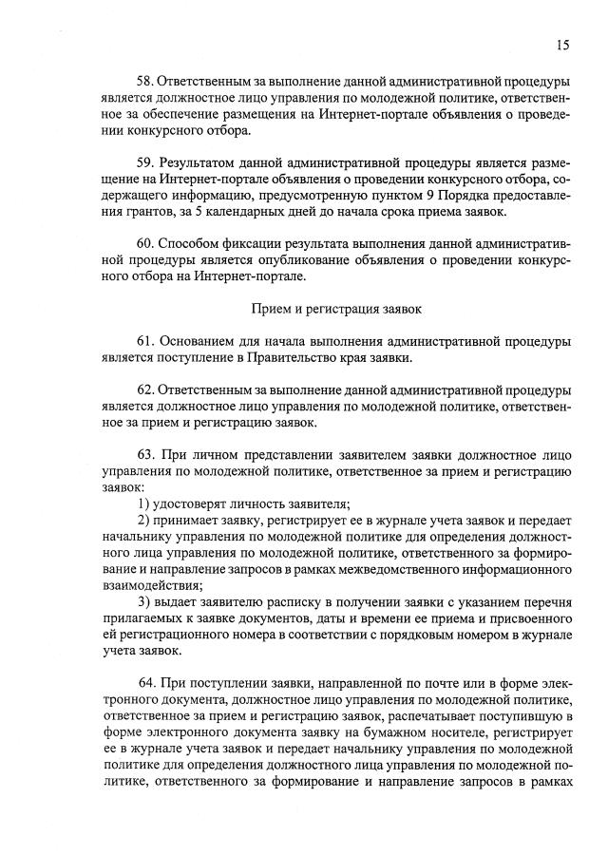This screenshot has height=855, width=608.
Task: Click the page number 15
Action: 562,44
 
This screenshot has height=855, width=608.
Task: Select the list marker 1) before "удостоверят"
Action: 146,503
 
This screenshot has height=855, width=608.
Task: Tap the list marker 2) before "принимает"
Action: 146,521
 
